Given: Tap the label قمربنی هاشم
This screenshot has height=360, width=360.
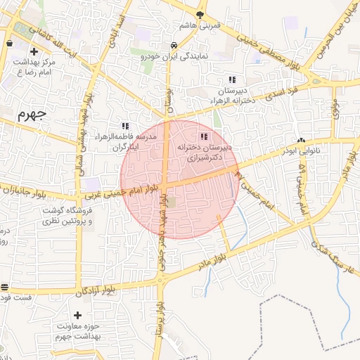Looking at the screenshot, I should tap(200, 25).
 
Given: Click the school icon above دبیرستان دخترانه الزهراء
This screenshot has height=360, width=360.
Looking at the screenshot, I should tap(232, 80).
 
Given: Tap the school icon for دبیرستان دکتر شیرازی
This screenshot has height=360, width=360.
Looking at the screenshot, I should tap(204, 136).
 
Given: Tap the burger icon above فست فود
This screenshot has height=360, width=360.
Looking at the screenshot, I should tap(5, 287).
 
